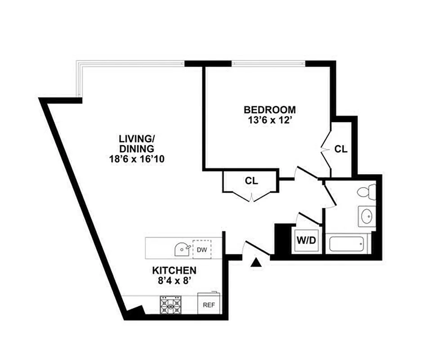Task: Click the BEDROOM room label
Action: click(270, 109)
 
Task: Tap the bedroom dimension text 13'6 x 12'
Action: click(270, 120)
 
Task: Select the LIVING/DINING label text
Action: click(136, 143)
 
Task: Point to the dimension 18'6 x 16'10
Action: click(136, 159)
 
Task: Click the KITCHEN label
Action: click(174, 270)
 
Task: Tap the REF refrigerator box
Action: click(209, 305)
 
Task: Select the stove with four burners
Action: click(171, 305)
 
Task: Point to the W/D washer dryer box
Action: click(306, 240)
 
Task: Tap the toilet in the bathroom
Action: click(366, 192)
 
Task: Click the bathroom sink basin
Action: click(366, 217)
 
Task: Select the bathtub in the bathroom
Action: click(347, 244)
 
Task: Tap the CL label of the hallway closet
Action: click(251, 181)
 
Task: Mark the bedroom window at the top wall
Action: click(268, 63)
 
